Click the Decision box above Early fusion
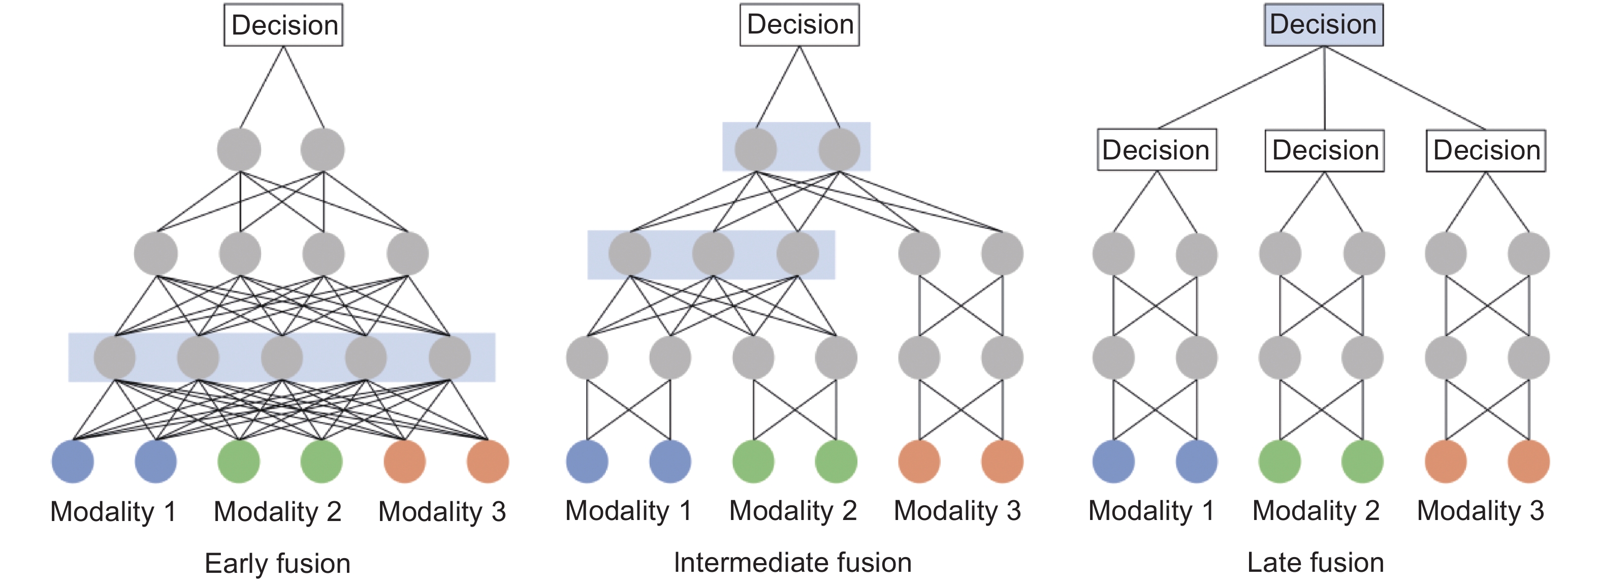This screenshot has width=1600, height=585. (283, 25)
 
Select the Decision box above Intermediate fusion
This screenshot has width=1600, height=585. (799, 25)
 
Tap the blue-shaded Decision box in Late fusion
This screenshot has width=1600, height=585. (1324, 25)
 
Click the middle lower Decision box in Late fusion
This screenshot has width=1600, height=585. (1325, 150)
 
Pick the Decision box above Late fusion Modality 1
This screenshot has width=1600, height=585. (1157, 150)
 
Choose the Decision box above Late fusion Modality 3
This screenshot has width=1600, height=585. (1486, 150)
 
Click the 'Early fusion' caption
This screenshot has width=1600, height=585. (278, 563)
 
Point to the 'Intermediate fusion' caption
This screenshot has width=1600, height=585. (792, 562)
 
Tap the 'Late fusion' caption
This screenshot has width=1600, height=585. (1316, 562)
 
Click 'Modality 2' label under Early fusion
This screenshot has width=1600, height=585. (278, 512)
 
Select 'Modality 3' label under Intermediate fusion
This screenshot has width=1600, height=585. (957, 510)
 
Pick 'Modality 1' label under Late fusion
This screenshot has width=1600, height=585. (1151, 510)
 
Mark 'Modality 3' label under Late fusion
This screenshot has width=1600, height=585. (1480, 510)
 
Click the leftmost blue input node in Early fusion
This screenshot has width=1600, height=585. (73, 462)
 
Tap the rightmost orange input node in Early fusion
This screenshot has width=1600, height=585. (488, 462)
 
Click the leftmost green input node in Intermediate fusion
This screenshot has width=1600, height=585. (753, 462)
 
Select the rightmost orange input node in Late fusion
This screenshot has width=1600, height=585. (1528, 462)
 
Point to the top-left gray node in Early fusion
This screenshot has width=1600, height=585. (239, 150)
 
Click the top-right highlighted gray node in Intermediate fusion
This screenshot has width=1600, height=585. (839, 149)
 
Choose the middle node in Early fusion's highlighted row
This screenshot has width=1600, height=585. (282, 357)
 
